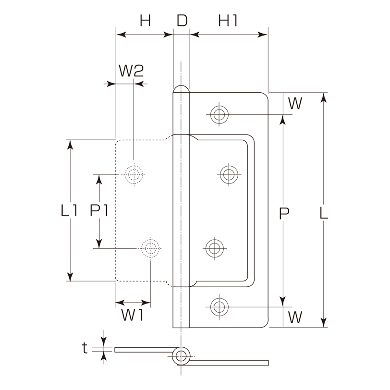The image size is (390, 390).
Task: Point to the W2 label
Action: click(131, 71)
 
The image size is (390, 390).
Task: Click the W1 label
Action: click(133, 316)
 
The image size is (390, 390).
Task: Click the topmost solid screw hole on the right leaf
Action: click(219, 115)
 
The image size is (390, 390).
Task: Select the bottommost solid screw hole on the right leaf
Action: click(219, 305)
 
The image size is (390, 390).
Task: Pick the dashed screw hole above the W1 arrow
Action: click(151, 248)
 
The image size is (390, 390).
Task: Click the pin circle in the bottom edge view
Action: click(181, 356)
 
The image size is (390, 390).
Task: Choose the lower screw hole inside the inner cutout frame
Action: click(214, 248)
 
